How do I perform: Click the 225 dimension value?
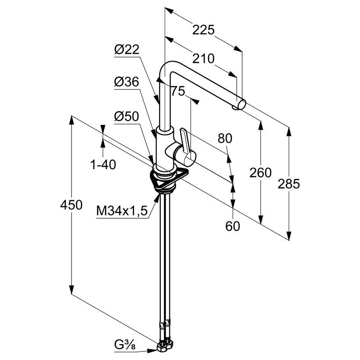click(203, 30)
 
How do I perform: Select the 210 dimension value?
click(204, 58)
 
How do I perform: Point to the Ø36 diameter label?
click(126, 82)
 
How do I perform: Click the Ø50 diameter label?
click(126, 116)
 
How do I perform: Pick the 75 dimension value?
click(178, 92)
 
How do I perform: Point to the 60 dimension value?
click(233, 226)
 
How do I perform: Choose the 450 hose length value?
click(72, 205)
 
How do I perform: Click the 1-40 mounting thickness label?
click(103, 165)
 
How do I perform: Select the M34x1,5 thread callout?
click(122, 211)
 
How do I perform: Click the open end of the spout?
click(242, 105)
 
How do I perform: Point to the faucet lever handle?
click(185, 139)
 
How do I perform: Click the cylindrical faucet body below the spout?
click(165, 148)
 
